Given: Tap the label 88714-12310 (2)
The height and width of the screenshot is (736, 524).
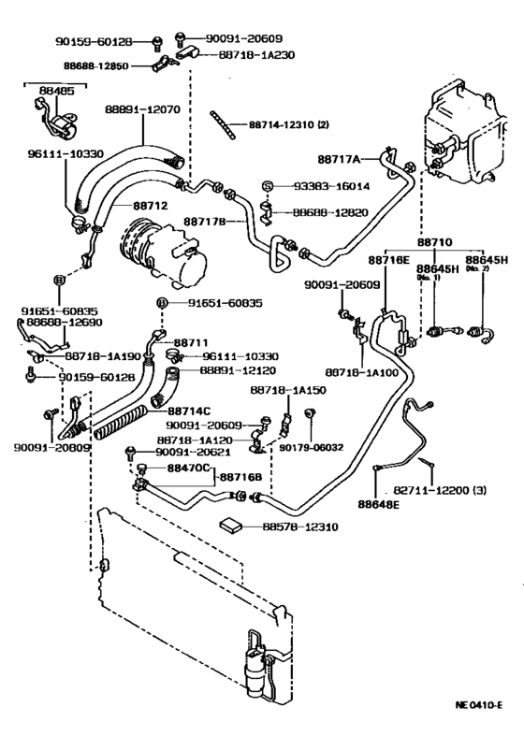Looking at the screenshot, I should [297, 123].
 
